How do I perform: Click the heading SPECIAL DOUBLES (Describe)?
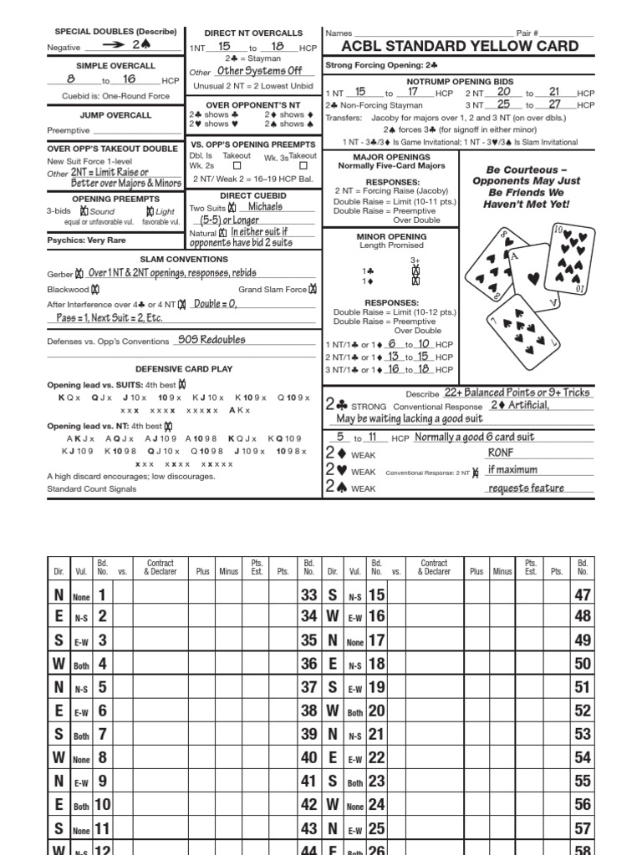click(115, 32)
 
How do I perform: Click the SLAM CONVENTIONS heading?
click(182, 260)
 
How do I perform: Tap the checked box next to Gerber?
click(79, 273)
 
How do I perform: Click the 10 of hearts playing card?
click(570, 258)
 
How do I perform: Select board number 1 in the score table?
click(102, 595)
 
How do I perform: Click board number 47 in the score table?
click(583, 595)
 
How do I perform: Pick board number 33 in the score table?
click(308, 595)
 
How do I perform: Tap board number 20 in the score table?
click(376, 711)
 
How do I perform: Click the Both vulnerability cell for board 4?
click(80, 665)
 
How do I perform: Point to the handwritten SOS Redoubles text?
click(211, 340)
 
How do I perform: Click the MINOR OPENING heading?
click(391, 236)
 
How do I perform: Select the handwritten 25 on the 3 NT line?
click(503, 104)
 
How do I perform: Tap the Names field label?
click(339, 33)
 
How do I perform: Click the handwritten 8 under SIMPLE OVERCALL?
click(72, 79)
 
